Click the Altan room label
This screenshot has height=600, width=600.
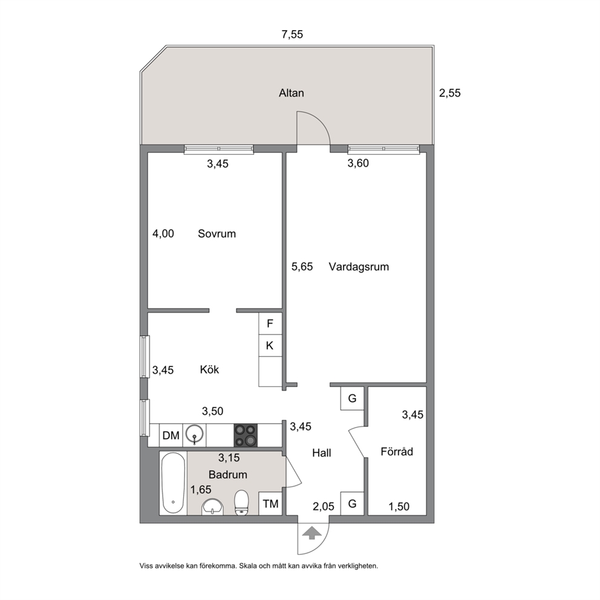click(x=291, y=93)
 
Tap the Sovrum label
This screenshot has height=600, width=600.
click(x=217, y=233)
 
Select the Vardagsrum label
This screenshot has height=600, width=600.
click(x=359, y=267)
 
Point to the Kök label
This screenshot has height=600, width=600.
click(x=209, y=370)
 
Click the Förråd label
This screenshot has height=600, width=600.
click(x=397, y=451)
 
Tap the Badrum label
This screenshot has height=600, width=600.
click(x=227, y=474)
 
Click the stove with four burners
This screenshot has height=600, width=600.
click(x=246, y=435)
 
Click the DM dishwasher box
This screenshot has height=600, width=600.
click(x=171, y=435)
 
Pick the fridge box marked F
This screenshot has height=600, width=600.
click(x=270, y=324)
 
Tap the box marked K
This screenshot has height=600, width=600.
click(x=270, y=346)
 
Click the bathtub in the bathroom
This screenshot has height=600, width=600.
click(x=173, y=483)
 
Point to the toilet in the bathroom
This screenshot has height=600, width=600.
click(x=241, y=503)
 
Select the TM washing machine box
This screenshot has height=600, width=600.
click(x=270, y=504)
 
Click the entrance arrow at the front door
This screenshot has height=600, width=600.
click(x=312, y=533)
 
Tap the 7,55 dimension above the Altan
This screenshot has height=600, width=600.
click(x=292, y=34)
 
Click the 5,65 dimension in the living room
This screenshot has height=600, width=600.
click(x=302, y=266)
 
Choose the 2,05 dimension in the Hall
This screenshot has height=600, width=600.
click(x=324, y=507)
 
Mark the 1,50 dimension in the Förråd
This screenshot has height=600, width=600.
click(x=399, y=507)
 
